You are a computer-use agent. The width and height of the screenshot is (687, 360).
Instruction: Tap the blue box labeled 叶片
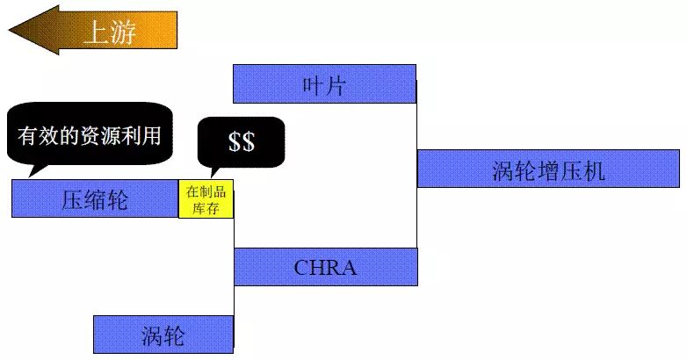324,83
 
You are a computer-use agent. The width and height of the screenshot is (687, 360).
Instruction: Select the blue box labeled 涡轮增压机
548,168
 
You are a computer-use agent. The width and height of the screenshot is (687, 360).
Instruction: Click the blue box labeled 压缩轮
95,198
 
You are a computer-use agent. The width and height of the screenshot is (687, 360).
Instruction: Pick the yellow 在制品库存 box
206,199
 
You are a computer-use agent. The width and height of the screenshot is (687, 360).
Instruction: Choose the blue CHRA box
325,266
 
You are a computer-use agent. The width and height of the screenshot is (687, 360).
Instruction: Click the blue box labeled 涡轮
163,334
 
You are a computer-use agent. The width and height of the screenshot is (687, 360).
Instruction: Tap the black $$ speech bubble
242,141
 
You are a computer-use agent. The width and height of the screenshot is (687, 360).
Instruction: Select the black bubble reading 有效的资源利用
89,135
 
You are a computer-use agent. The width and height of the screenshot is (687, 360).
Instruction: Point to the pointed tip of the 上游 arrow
12,32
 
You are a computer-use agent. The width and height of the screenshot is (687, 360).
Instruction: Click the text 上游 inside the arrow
110,32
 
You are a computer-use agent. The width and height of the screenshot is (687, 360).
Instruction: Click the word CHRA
325,267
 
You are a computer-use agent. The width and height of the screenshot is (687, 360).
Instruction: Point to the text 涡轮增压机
548,169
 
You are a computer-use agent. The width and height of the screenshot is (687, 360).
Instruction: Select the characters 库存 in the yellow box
206,208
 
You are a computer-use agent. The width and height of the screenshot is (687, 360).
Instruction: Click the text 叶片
324,84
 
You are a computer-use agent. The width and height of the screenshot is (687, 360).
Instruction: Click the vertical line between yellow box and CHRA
235,234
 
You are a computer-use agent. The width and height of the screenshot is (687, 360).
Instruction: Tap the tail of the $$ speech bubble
211,172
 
